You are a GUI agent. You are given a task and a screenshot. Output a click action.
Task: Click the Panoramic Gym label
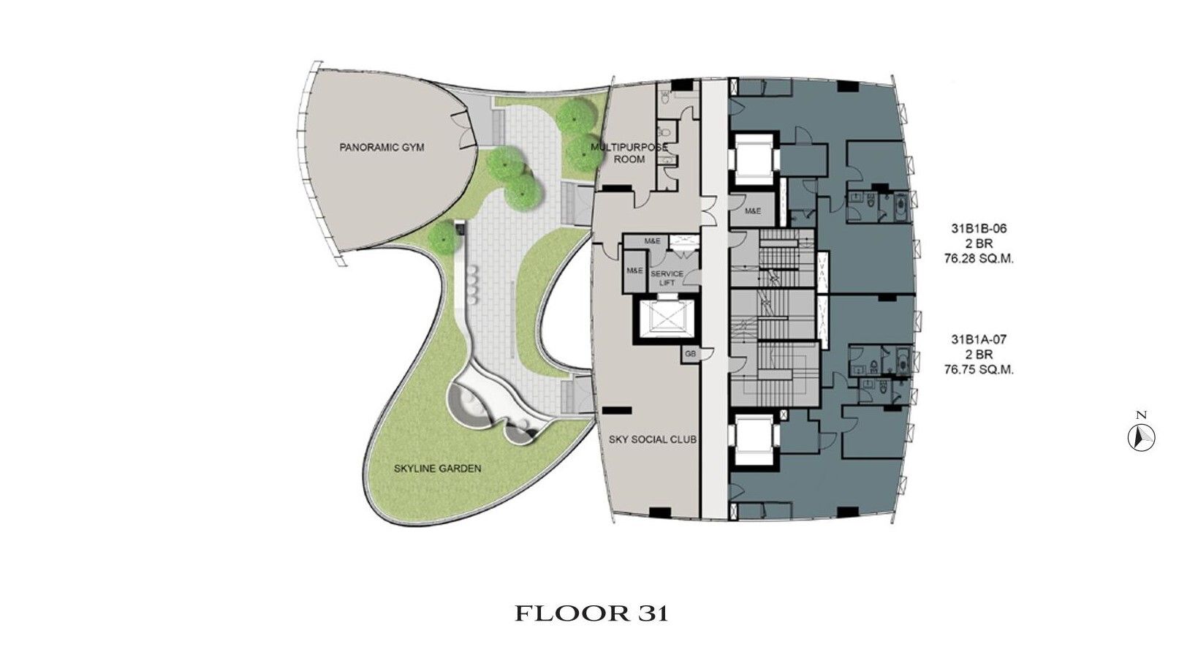[382, 148]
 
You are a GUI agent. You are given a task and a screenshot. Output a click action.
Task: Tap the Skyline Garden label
[437, 468]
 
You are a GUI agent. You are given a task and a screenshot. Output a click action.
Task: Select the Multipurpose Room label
[629, 153]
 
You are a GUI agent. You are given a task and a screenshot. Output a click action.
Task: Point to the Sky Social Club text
[653, 439]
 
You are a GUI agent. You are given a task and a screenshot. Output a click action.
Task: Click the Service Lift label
[667, 278]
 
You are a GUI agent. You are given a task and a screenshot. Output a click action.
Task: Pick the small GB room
[691, 354]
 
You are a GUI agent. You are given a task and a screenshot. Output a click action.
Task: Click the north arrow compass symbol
[1141, 437]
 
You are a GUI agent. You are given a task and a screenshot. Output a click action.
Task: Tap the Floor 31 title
[591, 613]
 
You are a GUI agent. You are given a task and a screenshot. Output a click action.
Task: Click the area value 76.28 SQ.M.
[979, 259]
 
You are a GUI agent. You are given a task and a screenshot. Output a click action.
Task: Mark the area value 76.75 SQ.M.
[979, 370]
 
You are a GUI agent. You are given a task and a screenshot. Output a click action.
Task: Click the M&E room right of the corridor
[753, 211]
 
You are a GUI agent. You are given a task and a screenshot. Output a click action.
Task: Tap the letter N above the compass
[1141, 415]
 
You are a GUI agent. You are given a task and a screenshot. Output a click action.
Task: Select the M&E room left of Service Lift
[634, 271]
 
